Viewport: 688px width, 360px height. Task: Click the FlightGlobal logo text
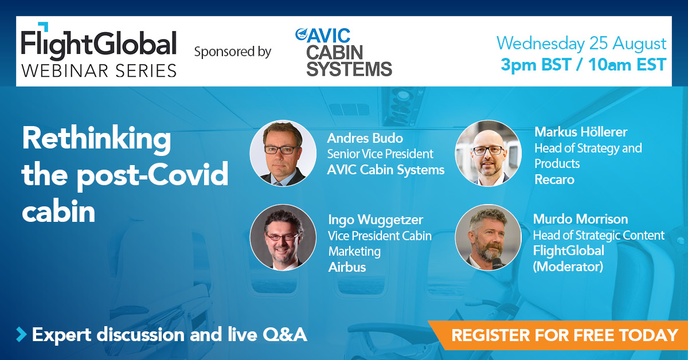point(99,43)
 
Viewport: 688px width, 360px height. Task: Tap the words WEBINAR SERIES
point(99,70)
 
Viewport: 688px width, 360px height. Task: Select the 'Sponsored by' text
point(232,52)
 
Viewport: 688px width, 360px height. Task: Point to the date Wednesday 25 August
point(581,44)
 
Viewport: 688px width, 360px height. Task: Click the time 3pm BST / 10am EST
point(583,65)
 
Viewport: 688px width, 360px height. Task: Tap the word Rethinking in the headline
point(96,139)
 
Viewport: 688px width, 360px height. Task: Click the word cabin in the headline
point(58,212)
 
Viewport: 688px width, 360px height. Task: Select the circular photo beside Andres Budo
point(283,153)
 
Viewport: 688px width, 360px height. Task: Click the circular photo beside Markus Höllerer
point(488,153)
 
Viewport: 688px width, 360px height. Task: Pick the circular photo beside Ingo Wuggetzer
point(283,237)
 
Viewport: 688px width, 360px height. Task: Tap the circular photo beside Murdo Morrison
point(488,237)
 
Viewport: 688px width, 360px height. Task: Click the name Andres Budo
point(365,138)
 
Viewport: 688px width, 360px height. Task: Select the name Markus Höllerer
point(581,132)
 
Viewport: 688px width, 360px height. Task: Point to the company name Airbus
point(347,267)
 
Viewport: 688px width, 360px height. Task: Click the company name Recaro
point(554,179)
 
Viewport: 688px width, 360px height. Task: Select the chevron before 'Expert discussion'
point(21,334)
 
